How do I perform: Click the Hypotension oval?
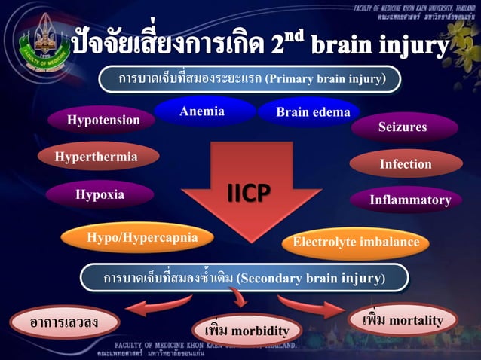pos(103,120)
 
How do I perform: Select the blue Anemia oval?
pos(201,111)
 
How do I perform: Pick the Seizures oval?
pos(403,127)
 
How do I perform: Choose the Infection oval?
pos(406,163)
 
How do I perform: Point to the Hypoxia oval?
pos(100,194)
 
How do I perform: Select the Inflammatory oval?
pos(409,200)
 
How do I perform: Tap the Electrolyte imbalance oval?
pos(356,243)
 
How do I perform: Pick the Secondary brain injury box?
pos(244,278)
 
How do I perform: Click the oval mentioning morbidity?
pos(247,331)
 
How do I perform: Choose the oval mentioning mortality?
pos(402,321)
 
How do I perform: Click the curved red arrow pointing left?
pos(158,305)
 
